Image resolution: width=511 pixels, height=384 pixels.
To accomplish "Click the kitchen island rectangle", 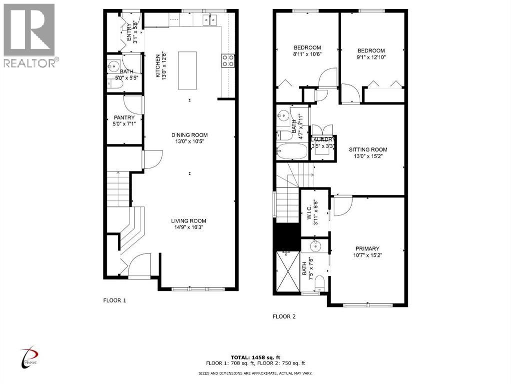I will [x=187, y=70].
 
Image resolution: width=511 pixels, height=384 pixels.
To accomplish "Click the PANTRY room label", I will [x=124, y=118].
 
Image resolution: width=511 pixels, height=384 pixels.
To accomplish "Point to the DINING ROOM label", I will [x=189, y=135].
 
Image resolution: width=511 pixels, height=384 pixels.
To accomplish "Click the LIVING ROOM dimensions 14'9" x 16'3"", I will [x=189, y=227].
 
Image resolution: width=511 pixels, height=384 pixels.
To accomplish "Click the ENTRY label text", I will [x=128, y=32].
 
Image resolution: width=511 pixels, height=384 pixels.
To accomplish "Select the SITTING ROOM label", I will [x=368, y=149].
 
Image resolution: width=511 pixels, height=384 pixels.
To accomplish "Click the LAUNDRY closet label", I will [x=324, y=140].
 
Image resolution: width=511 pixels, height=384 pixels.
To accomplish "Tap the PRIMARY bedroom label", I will [x=368, y=248].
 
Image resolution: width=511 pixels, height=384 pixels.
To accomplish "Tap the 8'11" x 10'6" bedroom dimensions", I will [x=307, y=55].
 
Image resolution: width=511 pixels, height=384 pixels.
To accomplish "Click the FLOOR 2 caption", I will [x=284, y=316].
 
